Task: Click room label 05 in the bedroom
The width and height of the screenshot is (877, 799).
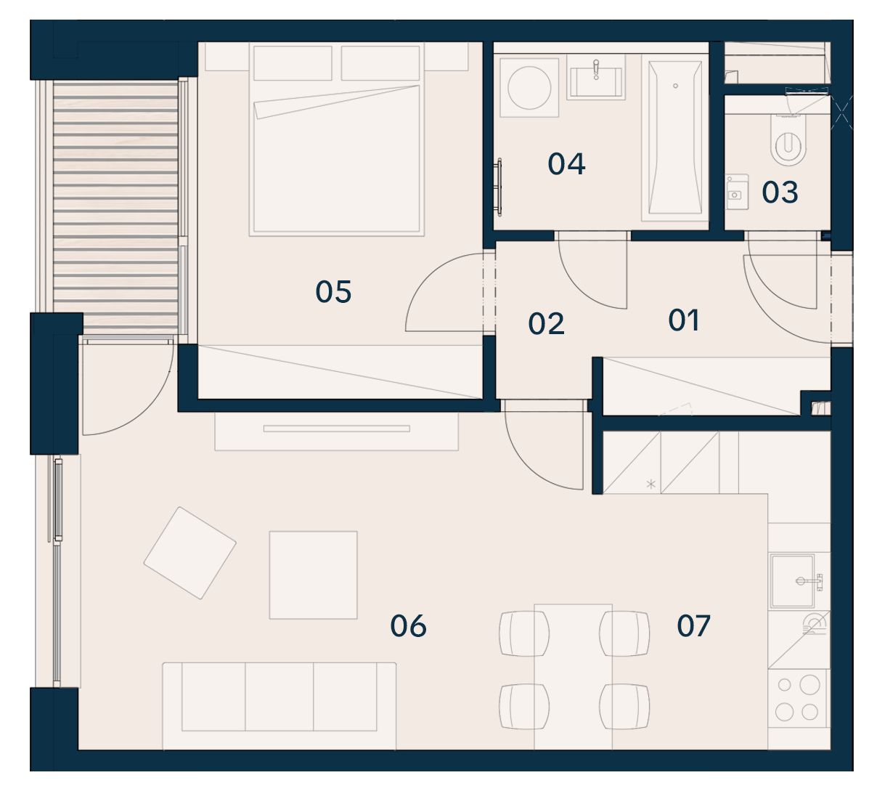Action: [333, 292]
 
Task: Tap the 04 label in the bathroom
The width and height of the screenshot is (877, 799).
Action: [566, 164]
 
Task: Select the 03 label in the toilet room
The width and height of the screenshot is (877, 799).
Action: [780, 192]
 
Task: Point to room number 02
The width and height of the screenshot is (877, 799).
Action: [546, 324]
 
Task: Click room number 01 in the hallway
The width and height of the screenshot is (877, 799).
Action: [683, 320]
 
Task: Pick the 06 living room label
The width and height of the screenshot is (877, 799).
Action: [408, 625]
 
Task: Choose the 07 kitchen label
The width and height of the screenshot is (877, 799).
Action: [693, 625]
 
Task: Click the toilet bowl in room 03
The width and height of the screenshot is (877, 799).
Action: [788, 140]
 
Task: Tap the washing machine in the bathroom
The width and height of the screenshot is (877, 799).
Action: [529, 88]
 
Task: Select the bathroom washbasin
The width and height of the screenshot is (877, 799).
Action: [596, 78]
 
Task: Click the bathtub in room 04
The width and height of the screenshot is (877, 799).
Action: [674, 137]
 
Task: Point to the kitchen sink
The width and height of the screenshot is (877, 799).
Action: [792, 581]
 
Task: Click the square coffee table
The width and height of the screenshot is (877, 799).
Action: [313, 575]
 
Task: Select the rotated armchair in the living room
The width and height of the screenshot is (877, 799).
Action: [189, 553]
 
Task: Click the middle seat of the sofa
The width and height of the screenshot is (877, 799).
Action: [279, 696]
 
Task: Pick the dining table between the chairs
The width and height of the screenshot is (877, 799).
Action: [573, 676]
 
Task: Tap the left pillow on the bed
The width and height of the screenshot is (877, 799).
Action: [293, 63]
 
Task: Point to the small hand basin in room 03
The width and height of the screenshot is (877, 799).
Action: [737, 192]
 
